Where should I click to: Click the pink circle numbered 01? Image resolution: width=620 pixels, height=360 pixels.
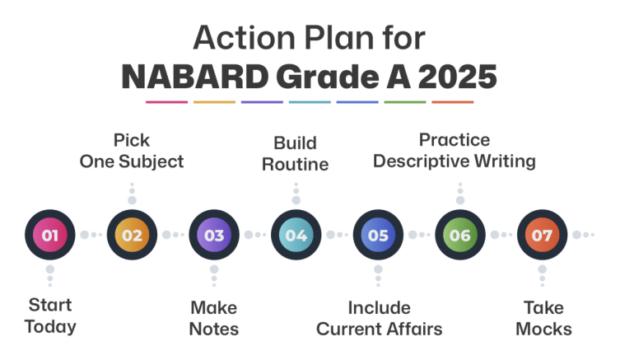50,235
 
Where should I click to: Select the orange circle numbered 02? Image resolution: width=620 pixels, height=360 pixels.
132,235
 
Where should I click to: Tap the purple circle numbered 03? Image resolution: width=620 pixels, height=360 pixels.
214,235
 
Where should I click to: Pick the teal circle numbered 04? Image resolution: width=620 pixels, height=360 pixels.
296,235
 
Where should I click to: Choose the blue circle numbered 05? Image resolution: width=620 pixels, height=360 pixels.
378,235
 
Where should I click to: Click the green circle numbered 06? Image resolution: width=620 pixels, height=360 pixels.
459,235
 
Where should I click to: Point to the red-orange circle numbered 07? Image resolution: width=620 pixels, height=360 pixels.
542,235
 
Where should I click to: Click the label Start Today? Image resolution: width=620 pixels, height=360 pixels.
50,316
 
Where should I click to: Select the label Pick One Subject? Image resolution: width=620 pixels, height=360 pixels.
132,151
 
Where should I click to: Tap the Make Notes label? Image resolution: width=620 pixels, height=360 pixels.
214,318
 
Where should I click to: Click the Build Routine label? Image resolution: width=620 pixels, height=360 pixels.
296,153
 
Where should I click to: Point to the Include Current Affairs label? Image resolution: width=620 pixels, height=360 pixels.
379,318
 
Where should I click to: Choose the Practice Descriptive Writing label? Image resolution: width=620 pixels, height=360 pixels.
455,151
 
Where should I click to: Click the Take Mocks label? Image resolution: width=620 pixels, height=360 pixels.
543,318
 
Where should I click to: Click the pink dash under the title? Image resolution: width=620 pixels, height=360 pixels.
166,102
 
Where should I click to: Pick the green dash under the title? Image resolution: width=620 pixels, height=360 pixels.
405,102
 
